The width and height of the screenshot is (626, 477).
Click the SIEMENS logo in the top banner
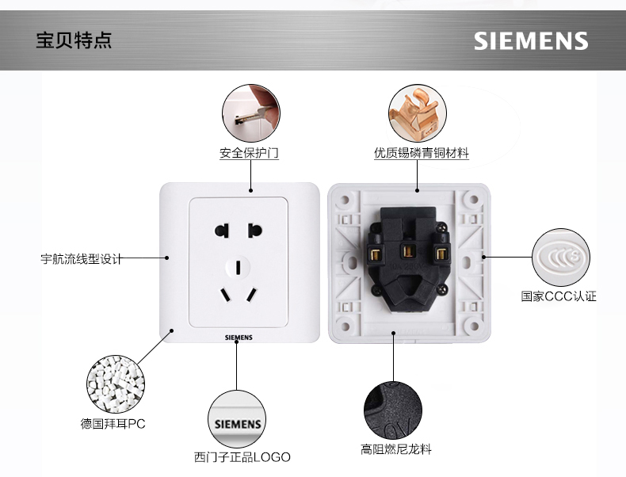coord(531,41)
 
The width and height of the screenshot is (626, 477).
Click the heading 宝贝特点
coord(74,40)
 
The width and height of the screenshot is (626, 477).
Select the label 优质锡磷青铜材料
coord(422,153)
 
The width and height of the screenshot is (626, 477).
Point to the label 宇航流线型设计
coord(82,258)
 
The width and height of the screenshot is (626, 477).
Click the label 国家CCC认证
coord(558,296)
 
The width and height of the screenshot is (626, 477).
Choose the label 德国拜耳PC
coord(113,423)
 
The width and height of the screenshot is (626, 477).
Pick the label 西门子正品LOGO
coord(242,457)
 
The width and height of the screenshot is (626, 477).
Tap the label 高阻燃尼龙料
coord(396,449)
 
